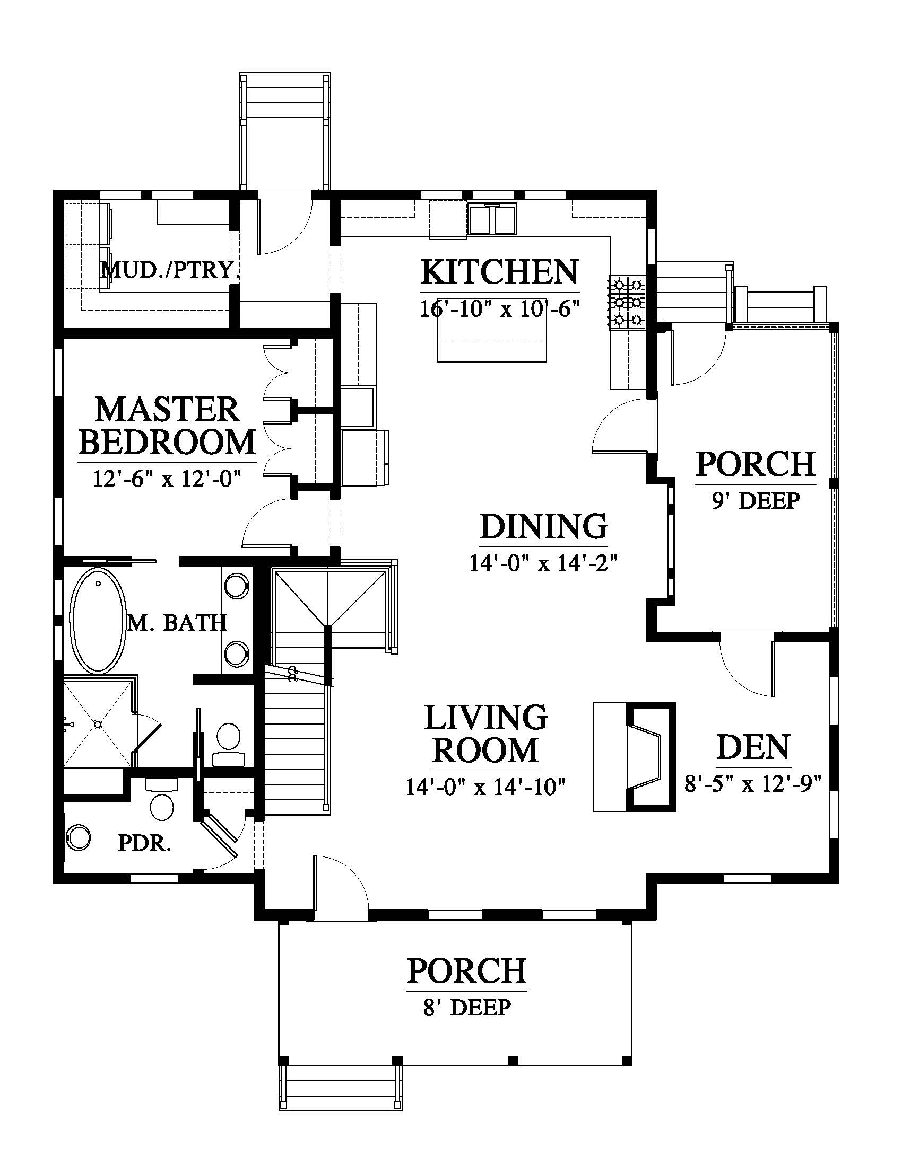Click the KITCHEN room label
[x=500, y=272]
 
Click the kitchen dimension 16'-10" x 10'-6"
[x=500, y=310]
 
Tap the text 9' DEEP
[x=756, y=501]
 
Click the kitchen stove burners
[x=626, y=302]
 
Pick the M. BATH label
[x=177, y=623]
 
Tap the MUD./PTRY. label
[x=169, y=271]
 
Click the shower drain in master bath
[x=97, y=724]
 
